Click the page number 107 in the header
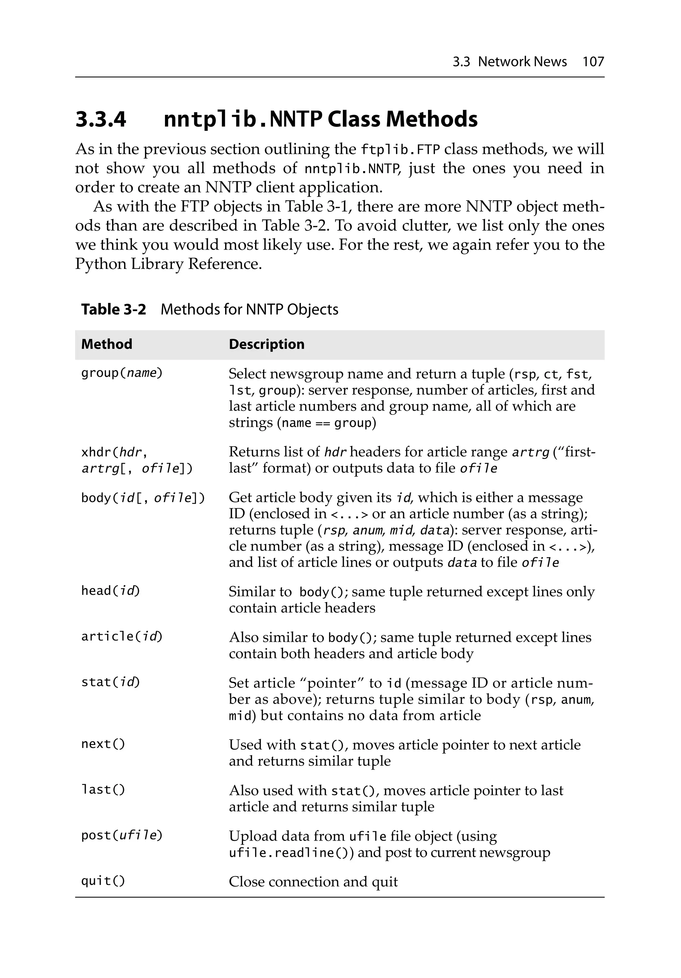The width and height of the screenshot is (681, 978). (x=593, y=62)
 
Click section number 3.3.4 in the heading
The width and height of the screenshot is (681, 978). (x=101, y=119)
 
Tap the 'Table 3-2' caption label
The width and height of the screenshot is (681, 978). (x=113, y=309)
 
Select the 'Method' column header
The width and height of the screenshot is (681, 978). (x=106, y=344)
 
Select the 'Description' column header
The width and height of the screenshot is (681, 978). (x=266, y=344)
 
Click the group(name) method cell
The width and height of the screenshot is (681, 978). (x=122, y=373)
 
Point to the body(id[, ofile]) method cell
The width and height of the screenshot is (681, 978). (x=143, y=498)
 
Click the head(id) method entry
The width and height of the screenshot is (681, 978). (x=110, y=591)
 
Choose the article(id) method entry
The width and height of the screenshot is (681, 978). (x=122, y=636)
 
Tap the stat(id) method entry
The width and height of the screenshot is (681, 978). (x=110, y=682)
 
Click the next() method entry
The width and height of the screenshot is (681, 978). (x=103, y=744)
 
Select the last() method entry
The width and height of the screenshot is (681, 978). (x=103, y=790)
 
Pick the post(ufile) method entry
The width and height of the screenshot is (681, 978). (x=122, y=835)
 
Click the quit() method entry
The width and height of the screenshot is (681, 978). (x=103, y=881)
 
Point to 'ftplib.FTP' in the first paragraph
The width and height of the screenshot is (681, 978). (x=400, y=150)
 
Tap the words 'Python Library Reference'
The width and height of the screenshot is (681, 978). (x=168, y=264)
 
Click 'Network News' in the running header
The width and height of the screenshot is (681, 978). (x=522, y=62)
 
